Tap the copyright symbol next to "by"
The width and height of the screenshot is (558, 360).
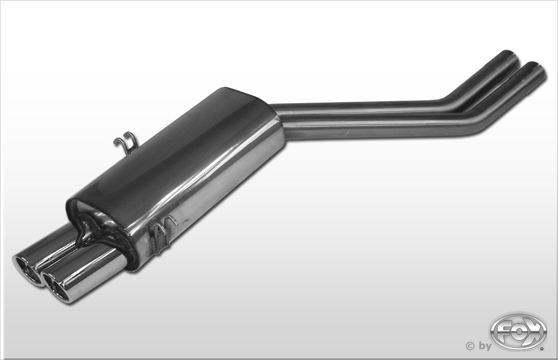[x=470, y=345]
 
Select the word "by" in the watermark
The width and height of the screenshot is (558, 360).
[x=484, y=346]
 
